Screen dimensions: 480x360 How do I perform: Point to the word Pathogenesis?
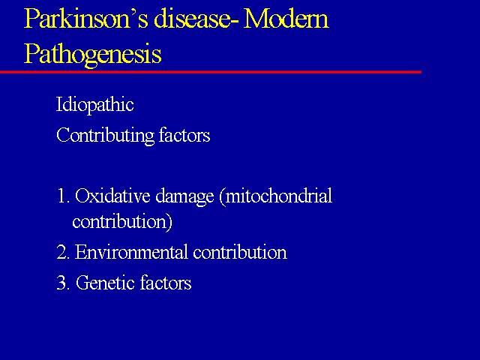[x=93, y=54]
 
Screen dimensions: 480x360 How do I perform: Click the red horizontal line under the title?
[x=211, y=72]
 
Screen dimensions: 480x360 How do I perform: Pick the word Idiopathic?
[x=95, y=105]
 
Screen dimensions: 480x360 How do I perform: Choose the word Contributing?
[x=105, y=136]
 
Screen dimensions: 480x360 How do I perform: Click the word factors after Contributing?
[x=184, y=135]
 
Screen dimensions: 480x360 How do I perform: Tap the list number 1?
[x=63, y=196]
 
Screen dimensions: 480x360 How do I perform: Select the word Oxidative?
[x=112, y=196]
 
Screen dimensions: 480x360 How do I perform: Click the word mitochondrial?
[x=278, y=196]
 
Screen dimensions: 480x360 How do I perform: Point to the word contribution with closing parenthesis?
[x=122, y=222]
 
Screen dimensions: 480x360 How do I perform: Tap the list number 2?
[x=64, y=253]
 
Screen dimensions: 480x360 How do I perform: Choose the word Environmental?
[x=131, y=252]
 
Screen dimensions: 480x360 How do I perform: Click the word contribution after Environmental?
[x=240, y=252]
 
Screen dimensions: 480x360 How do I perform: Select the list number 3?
[x=64, y=283]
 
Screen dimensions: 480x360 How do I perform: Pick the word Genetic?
[x=104, y=282]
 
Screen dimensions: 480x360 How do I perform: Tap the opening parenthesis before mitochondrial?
[x=223, y=197]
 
